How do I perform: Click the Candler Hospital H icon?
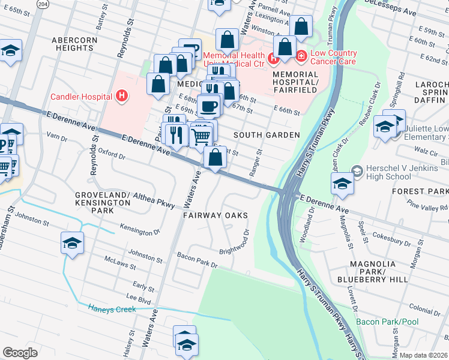pos(122,95)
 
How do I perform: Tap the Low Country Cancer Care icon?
pos(301,56)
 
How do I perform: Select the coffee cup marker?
pos(208,106)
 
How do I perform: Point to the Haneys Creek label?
pos(112,309)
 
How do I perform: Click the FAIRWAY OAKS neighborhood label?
pos(216,215)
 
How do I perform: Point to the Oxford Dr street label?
pos(111,155)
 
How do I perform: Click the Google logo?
pos(20,352)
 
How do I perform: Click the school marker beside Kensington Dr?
pos(72,243)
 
